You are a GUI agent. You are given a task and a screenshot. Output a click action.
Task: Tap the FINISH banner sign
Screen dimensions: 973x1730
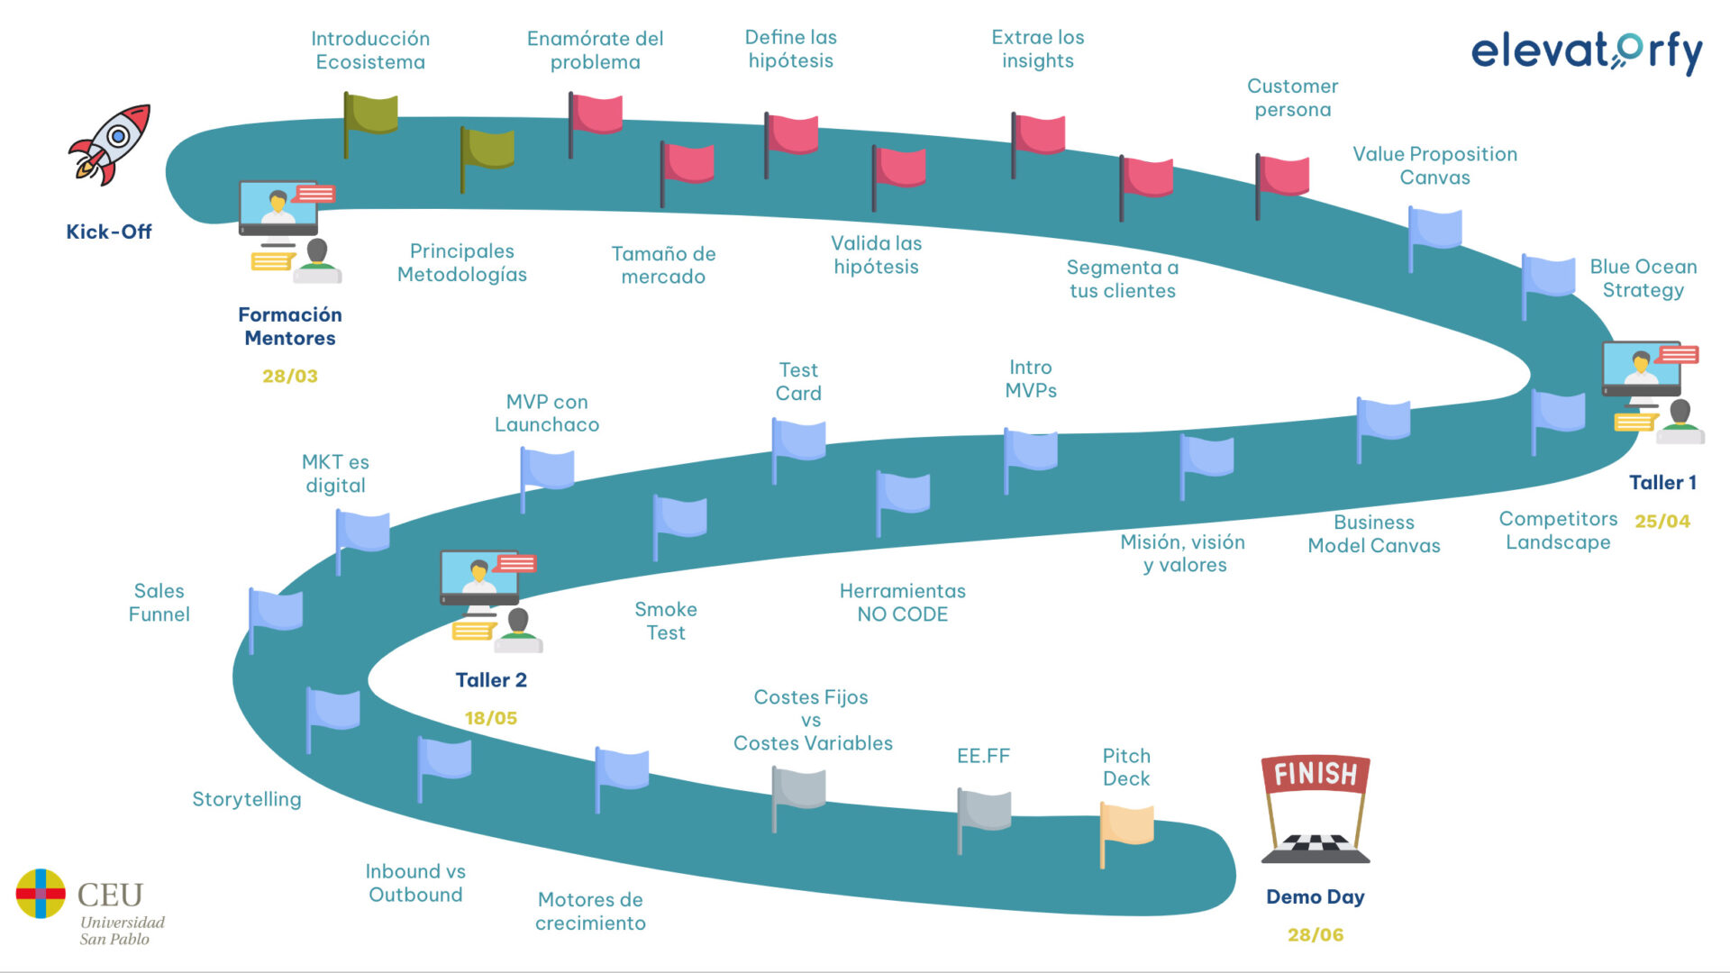[1316, 774]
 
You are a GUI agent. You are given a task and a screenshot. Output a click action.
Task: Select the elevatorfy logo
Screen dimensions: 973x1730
[1587, 52]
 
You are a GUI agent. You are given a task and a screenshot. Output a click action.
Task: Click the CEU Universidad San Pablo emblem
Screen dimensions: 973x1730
[41, 894]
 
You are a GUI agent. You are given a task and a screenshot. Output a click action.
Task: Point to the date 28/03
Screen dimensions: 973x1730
[290, 377]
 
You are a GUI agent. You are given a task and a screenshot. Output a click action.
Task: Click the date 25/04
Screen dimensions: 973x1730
[1662, 522]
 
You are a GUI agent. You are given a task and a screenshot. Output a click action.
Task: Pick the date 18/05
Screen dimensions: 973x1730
[491, 719]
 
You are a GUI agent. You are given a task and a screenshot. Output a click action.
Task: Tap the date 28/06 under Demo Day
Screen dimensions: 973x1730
[1316, 935]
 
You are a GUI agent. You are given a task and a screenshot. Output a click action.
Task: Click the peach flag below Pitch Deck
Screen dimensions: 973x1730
[1127, 827]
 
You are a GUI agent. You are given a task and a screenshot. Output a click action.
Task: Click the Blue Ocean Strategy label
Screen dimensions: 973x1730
[1643, 278]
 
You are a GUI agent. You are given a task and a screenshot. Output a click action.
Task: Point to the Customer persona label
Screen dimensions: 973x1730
[1292, 98]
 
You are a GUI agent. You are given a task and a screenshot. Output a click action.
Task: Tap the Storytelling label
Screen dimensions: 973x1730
[247, 799]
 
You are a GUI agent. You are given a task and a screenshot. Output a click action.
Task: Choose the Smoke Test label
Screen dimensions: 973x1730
[666, 621]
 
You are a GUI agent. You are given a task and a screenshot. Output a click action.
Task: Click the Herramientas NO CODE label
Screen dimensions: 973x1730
[902, 603]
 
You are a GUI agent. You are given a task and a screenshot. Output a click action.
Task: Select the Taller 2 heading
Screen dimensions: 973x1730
[491, 680]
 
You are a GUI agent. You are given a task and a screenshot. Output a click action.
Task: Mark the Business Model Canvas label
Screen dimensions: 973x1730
[1373, 534]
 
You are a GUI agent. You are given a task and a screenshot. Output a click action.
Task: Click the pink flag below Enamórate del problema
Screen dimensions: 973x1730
[596, 114]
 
